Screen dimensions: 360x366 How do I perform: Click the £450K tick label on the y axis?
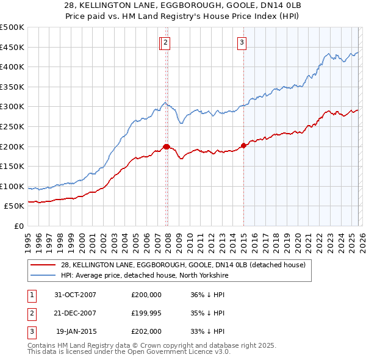pos(12,47)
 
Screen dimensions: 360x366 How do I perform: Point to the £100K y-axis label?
pos(12,186)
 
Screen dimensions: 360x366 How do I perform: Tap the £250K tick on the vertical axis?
pos(12,126)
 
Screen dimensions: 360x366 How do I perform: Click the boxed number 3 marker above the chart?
pos(242,42)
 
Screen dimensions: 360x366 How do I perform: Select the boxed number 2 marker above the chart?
pos(166,42)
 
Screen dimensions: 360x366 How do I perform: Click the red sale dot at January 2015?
pos(243,145)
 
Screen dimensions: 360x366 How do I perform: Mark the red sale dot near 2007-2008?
pos(166,146)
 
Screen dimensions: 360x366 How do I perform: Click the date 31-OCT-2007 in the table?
pos(75,295)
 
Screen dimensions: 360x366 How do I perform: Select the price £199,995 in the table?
pos(146,313)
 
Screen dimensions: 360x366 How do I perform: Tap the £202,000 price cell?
pos(146,331)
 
